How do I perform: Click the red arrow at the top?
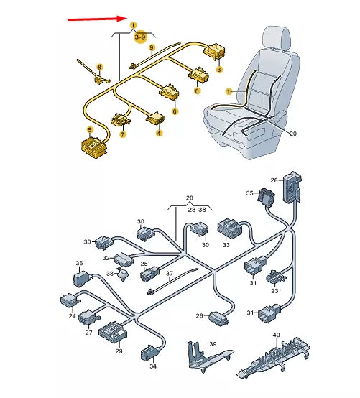click(97, 19)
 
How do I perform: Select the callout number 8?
click(99, 67)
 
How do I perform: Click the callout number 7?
click(122, 134)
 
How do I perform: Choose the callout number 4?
click(159, 134)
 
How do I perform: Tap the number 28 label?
click(274, 180)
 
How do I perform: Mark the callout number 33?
click(226, 245)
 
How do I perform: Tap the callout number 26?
click(199, 315)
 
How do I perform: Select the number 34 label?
click(152, 367)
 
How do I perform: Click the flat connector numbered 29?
click(113, 333)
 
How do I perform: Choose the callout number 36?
click(80, 264)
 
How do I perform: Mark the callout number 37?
click(170, 274)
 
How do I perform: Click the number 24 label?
click(72, 316)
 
